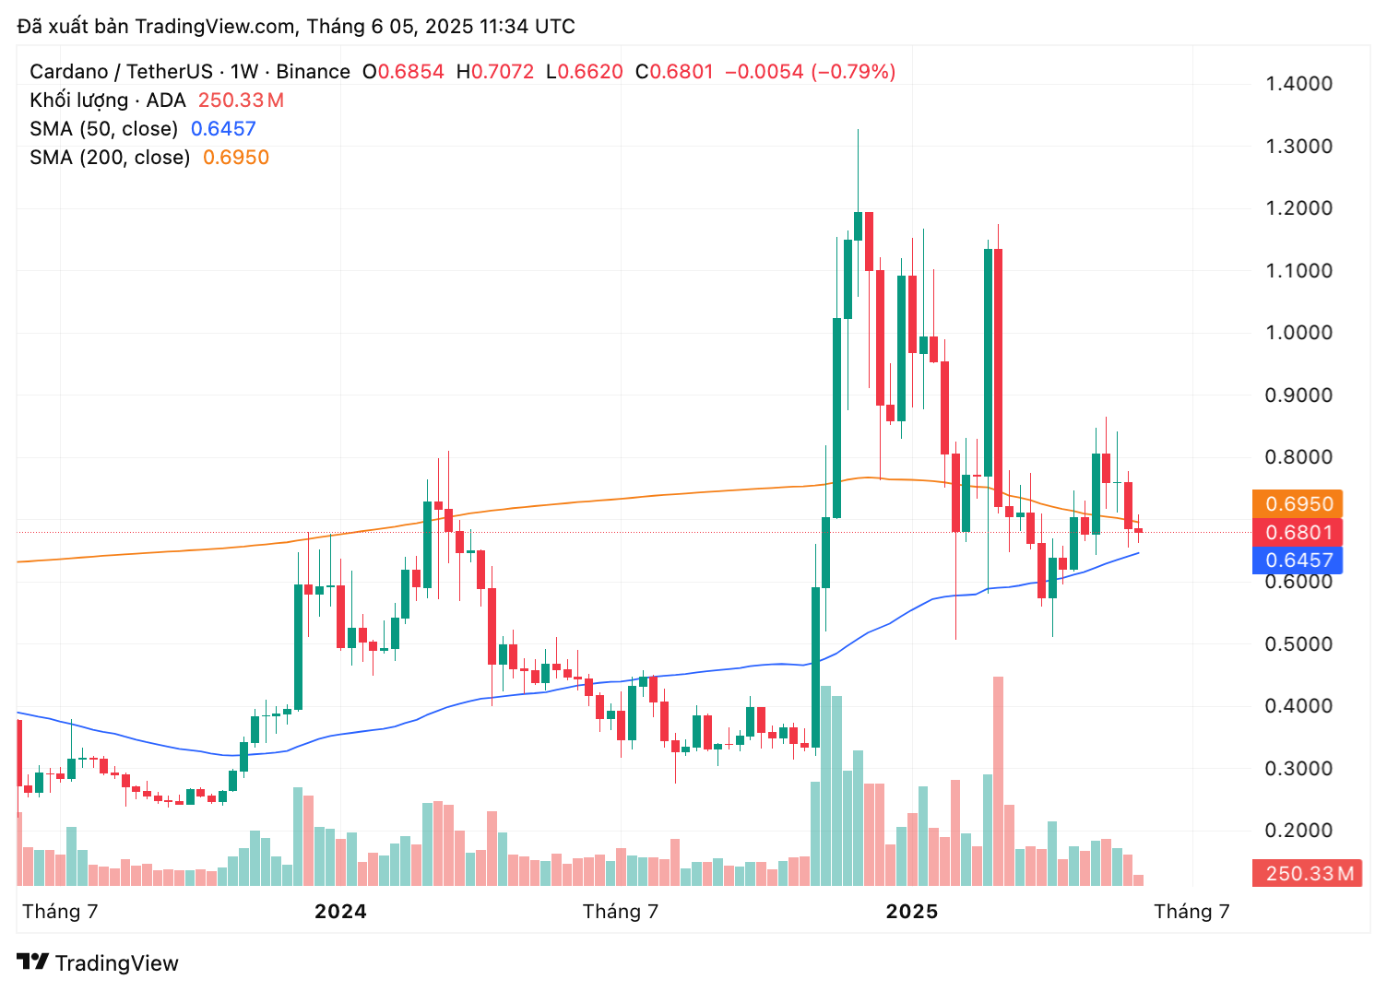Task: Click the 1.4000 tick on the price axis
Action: tap(1298, 84)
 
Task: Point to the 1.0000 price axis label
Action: tap(1298, 333)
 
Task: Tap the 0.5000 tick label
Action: tap(1298, 644)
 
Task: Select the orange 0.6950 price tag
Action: tap(1298, 504)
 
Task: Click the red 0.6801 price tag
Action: tap(1298, 533)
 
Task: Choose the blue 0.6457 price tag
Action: tap(1298, 560)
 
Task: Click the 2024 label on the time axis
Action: tap(340, 912)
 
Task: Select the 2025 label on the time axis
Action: tap(911, 912)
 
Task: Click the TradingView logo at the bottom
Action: tap(98, 963)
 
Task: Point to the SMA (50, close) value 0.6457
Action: tap(223, 129)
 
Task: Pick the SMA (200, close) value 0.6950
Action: tap(236, 158)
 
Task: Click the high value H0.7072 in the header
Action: tap(495, 72)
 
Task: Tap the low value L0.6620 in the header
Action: tap(585, 72)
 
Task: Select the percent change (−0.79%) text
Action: tap(853, 72)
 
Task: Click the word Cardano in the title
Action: tap(69, 72)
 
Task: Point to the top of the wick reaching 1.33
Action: tap(858, 131)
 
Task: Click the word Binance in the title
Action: tap(314, 72)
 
